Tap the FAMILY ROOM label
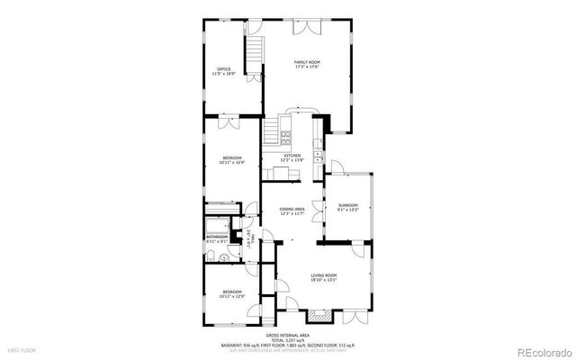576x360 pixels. [x=307, y=63]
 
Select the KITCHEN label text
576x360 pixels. [x=293, y=157]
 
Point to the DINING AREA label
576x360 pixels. [x=292, y=211]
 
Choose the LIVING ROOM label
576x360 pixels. [x=324, y=276]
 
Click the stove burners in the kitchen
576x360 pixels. [x=285, y=139]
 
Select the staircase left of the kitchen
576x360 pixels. [x=272, y=135]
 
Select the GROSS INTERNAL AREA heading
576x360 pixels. [x=287, y=332]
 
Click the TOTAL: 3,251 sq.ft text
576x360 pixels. [x=287, y=338]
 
